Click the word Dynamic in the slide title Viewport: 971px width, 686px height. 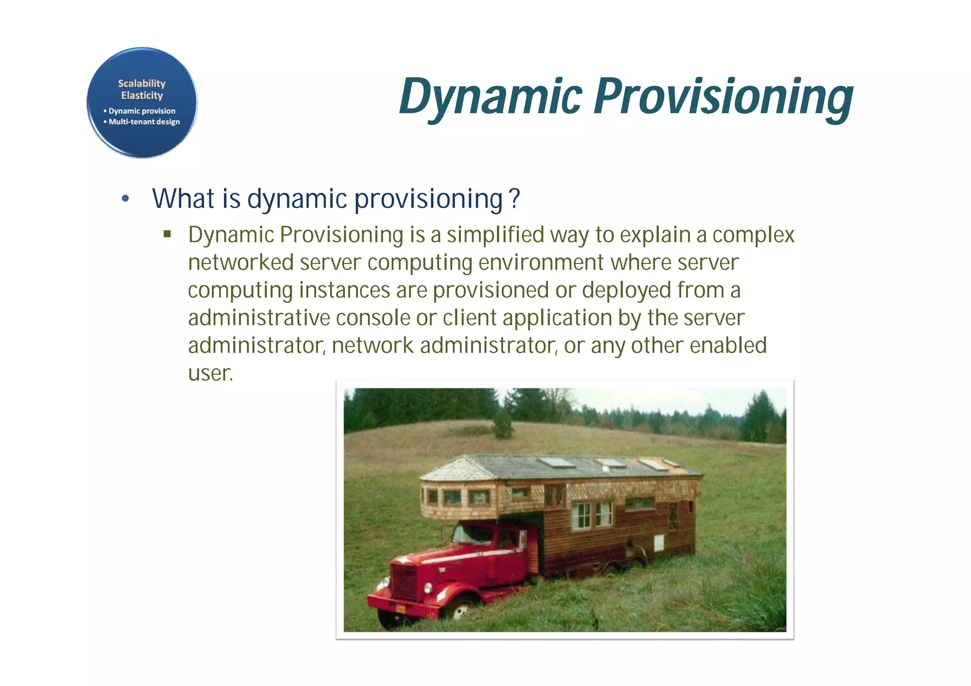(x=490, y=97)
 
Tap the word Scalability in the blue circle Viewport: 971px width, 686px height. (x=142, y=83)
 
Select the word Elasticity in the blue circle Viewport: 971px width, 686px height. (x=142, y=95)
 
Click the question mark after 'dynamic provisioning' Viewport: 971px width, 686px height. (x=514, y=198)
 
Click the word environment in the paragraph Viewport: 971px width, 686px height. (x=541, y=262)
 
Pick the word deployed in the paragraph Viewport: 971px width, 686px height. (x=626, y=290)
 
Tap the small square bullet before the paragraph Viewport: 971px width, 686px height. (x=167, y=234)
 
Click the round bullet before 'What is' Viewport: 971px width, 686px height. (x=125, y=199)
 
